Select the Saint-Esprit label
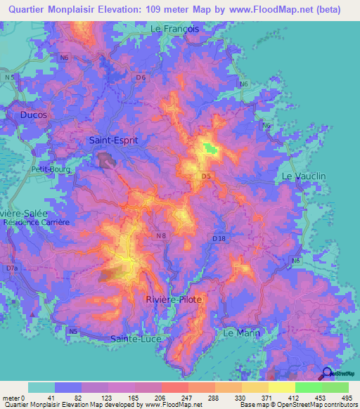pyautogui.click(x=113, y=140)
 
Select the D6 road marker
pyautogui.click(x=142, y=77)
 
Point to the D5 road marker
pyautogui.click(x=207, y=176)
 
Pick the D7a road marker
pyautogui.click(x=12, y=268)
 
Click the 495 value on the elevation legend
pyautogui.click(x=345, y=398)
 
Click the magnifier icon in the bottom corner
pyautogui.click(x=327, y=373)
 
